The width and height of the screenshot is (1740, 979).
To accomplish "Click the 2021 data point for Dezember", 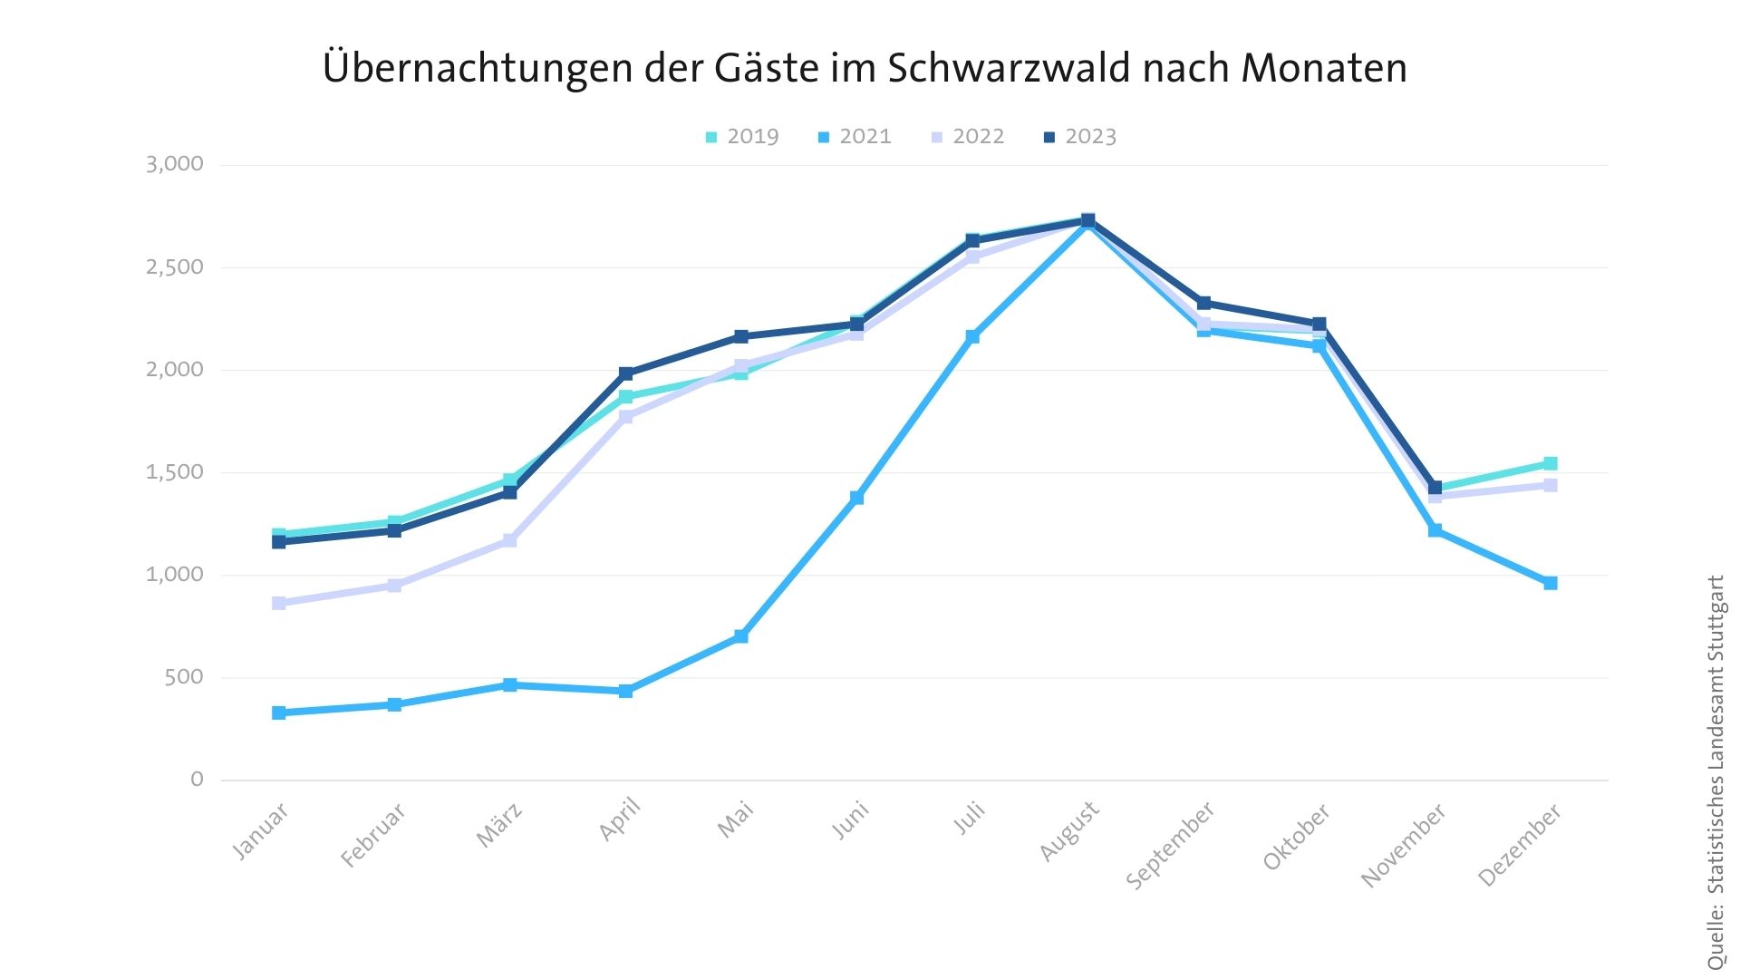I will pyautogui.click(x=1551, y=583).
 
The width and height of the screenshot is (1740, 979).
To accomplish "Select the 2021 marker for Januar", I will pyautogui.click(x=279, y=712).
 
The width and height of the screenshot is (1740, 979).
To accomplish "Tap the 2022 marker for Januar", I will pyautogui.click(x=279, y=603).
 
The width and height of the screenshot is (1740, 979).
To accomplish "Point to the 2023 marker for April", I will pyautogui.click(x=626, y=373).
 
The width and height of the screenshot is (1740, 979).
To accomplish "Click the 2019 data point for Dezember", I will pyautogui.click(x=1551, y=463).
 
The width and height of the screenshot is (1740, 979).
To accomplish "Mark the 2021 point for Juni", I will pyautogui.click(x=856, y=498).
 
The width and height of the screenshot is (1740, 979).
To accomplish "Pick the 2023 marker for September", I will pyautogui.click(x=1203, y=303).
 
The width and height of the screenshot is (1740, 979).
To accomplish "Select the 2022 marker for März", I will pyautogui.click(x=510, y=540).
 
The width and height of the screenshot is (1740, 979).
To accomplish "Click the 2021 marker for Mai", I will pyautogui.click(x=741, y=636).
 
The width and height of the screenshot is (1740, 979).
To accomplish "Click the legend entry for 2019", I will pyautogui.click(x=742, y=137).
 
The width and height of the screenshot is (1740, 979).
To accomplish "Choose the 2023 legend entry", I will pyautogui.click(x=1080, y=137).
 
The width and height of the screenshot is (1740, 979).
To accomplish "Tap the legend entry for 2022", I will pyautogui.click(x=968, y=137).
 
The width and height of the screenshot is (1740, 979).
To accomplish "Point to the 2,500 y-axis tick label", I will pyautogui.click(x=175, y=267).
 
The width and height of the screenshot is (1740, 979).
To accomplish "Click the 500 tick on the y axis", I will pyautogui.click(x=184, y=677).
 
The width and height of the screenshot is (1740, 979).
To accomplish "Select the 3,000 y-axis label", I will pyautogui.click(x=175, y=164).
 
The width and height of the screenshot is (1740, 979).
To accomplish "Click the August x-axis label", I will pyautogui.click(x=1070, y=830).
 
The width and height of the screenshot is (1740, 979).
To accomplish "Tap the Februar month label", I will pyautogui.click(x=373, y=835).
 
